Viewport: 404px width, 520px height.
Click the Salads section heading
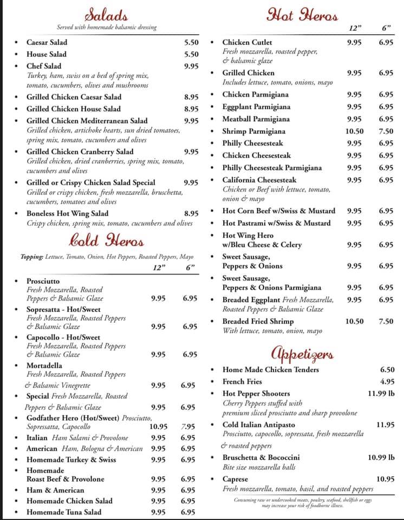107,15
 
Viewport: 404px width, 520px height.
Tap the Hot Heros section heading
302,15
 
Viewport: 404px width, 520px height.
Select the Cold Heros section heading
107,239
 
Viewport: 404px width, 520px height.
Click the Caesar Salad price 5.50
191,42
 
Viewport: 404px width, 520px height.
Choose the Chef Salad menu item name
44,66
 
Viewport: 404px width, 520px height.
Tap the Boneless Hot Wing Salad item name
67,213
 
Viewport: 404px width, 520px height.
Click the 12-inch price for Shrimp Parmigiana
354,131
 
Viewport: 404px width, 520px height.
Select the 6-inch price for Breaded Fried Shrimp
386,321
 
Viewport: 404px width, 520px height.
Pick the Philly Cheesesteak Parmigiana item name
272,168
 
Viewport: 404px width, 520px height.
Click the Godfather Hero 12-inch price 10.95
158,427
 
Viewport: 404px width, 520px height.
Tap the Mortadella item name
44,366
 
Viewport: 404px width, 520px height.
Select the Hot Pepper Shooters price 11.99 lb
381,393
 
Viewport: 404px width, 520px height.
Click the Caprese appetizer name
235,479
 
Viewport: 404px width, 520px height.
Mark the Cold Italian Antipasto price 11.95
385,425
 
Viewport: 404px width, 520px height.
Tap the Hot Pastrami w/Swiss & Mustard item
276,223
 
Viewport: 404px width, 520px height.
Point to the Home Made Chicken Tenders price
387,369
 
